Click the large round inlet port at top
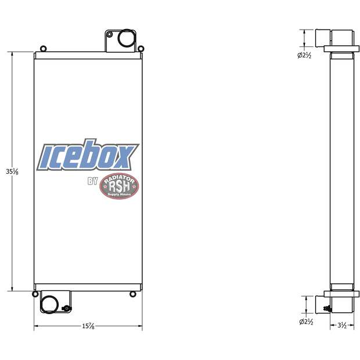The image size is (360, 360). click(126, 39)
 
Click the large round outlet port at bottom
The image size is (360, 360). click(49, 304)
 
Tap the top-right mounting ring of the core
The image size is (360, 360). click(141, 49)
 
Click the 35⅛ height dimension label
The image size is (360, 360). click(8, 172)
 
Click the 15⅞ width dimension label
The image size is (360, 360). click(87, 327)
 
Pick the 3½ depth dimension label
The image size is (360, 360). click(342, 326)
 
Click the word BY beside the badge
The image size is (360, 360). click(93, 182)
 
